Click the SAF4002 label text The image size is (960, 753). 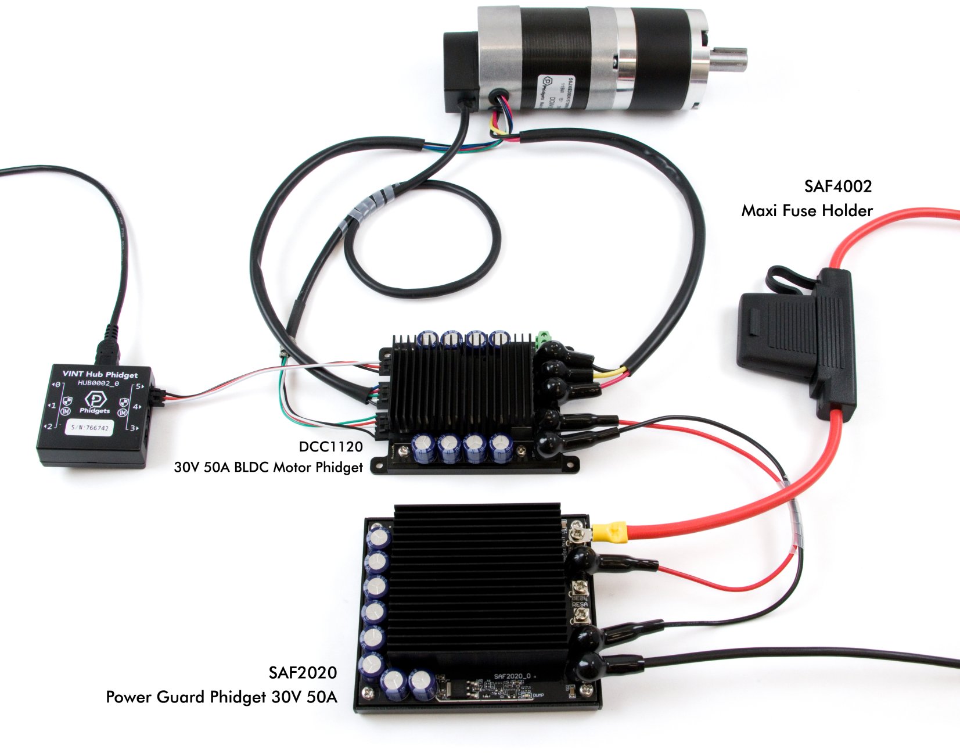[x=837, y=187]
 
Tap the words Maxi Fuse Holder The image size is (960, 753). [x=806, y=210]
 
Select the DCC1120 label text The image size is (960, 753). [x=330, y=446]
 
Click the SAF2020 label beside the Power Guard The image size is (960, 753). [x=303, y=672]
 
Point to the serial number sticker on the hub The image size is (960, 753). [x=89, y=428]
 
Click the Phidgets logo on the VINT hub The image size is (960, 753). [x=95, y=399]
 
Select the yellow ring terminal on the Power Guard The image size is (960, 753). [x=609, y=531]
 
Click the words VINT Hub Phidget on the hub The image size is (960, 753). [x=100, y=375]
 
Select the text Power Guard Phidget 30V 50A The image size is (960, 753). [x=221, y=697]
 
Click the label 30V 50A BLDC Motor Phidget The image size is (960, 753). [x=268, y=467]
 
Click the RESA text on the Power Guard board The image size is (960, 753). [x=580, y=605]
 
